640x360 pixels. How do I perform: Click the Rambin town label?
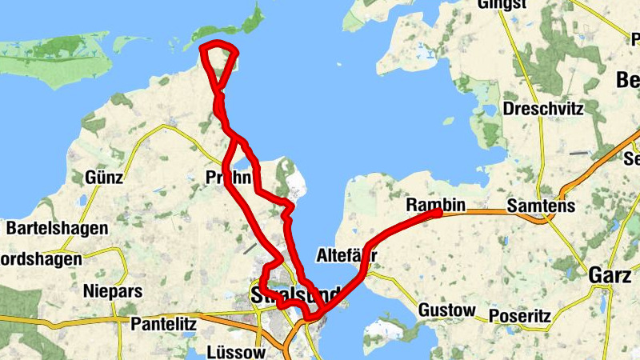(434, 205)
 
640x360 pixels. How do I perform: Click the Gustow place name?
(447, 310)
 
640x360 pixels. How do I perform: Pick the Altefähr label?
(346, 256)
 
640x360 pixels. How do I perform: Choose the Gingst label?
(502, 5)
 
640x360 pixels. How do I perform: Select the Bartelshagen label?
(57, 229)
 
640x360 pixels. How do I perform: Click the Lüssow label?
(236, 352)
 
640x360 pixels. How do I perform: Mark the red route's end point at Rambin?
(438, 213)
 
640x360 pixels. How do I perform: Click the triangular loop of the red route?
(218, 58)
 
